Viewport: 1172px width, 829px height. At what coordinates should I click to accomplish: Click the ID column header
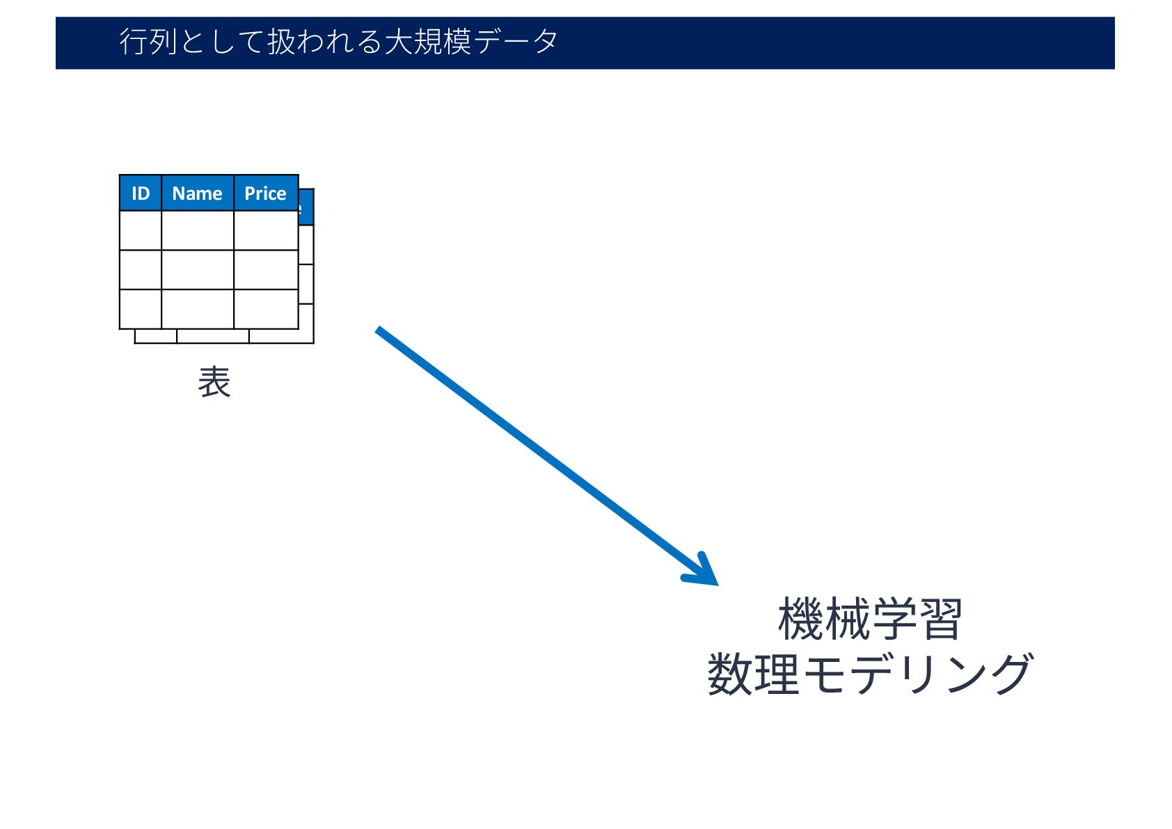pyautogui.click(x=141, y=194)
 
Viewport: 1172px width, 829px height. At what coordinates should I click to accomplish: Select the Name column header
pyautogui.click(x=197, y=194)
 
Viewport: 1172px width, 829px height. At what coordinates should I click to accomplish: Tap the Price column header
pyautogui.click(x=265, y=194)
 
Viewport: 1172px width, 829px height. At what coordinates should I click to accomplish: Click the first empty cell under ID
pyautogui.click(x=141, y=230)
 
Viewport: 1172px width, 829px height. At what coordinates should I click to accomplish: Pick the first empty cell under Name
pyautogui.click(x=197, y=230)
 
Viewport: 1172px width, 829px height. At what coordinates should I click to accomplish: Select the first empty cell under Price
pyautogui.click(x=265, y=230)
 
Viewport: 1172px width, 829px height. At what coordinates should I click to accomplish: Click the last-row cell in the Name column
pyautogui.click(x=197, y=309)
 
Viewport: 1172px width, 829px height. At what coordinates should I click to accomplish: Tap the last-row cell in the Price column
pyautogui.click(x=265, y=309)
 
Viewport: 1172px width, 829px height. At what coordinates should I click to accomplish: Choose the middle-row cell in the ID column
pyautogui.click(x=141, y=270)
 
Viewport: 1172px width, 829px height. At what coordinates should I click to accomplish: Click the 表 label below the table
pyautogui.click(x=214, y=382)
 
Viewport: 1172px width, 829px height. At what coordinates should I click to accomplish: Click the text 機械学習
pyautogui.click(x=870, y=619)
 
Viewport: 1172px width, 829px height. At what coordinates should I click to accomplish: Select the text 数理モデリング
pyautogui.click(x=870, y=674)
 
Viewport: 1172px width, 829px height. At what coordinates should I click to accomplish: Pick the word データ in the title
pyautogui.click(x=515, y=42)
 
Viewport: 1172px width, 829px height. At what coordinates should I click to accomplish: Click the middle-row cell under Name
pyautogui.click(x=197, y=270)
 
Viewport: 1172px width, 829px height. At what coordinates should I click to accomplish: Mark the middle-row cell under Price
pyautogui.click(x=265, y=270)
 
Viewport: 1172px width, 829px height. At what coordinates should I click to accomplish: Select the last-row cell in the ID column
pyautogui.click(x=141, y=309)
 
